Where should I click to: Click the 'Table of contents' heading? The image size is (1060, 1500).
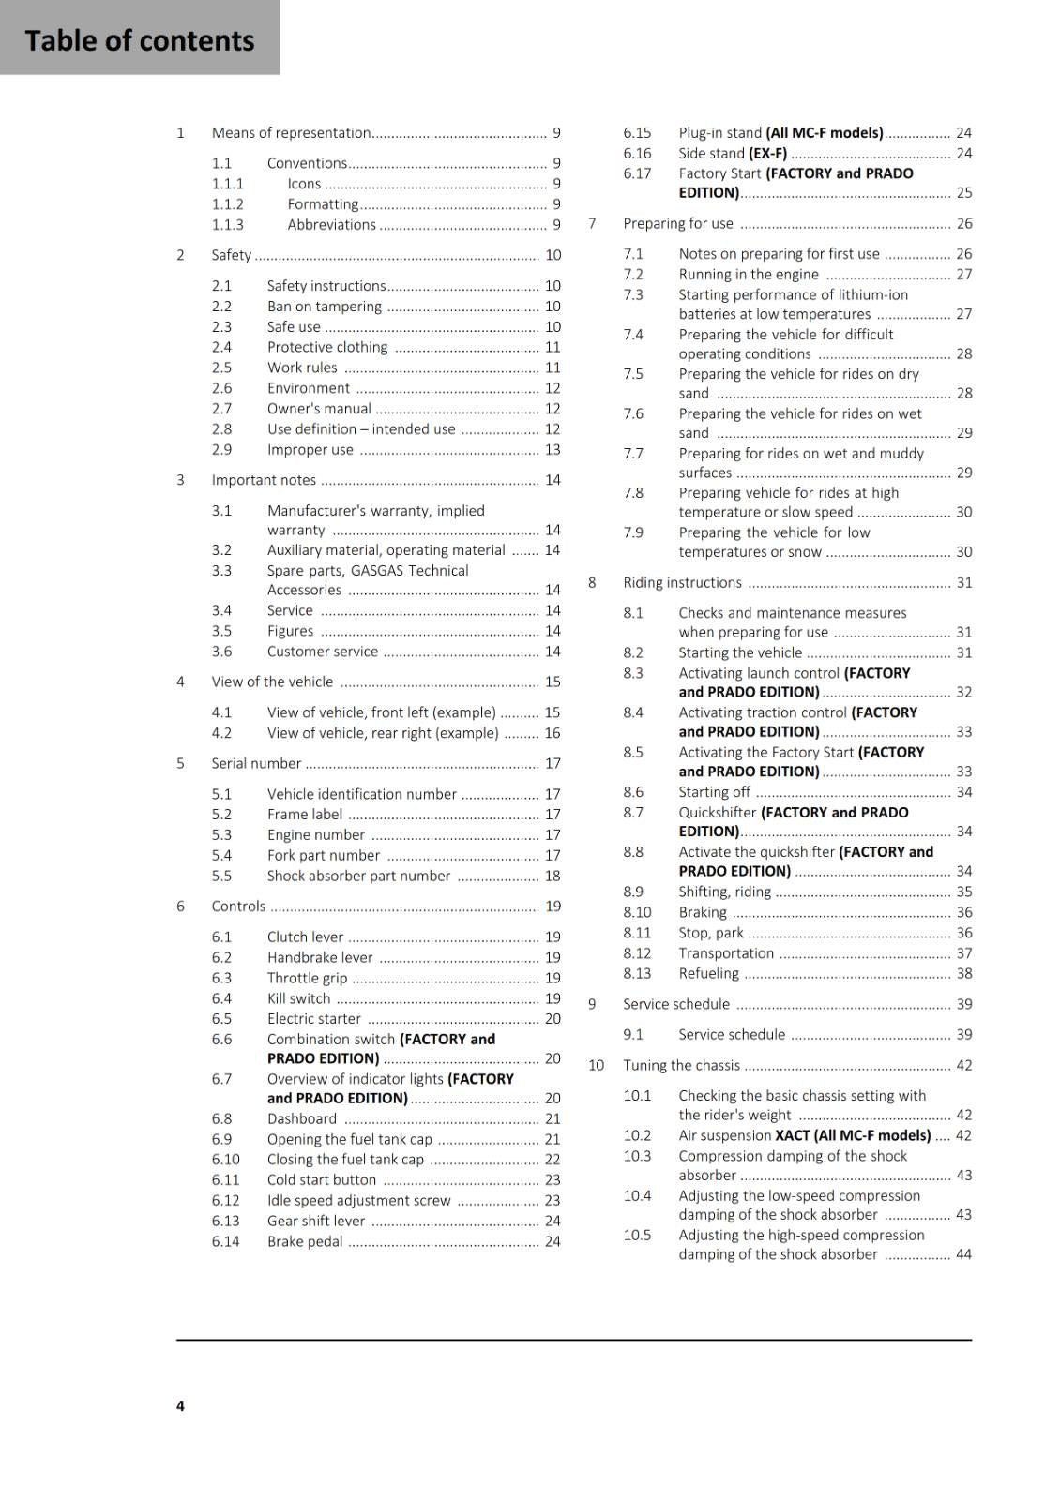[140, 40]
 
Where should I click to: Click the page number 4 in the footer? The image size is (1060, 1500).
[180, 1405]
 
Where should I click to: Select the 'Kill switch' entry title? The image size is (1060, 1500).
[298, 998]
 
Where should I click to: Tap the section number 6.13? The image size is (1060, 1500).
[225, 1221]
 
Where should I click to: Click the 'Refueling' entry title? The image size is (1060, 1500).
[708, 973]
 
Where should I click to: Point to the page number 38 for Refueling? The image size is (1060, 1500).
[963, 973]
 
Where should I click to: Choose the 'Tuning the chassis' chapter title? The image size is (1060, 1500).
[681, 1065]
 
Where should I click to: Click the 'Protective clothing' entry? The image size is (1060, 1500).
[326, 347]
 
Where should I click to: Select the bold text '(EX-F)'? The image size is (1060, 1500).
[767, 153]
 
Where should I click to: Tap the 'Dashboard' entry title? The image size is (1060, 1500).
[301, 1118]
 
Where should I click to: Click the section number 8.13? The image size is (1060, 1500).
[637, 973]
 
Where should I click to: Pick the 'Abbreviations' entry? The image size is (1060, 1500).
[331, 225]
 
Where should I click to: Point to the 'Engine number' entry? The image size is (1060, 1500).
[315, 834]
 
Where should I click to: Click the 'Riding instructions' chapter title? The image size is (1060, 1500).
[682, 582]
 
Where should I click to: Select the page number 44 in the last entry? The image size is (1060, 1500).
[963, 1254]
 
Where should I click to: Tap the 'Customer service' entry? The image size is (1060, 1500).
[322, 652]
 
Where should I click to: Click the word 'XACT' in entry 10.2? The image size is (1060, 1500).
[793, 1135]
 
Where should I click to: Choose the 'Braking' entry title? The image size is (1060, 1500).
[703, 912]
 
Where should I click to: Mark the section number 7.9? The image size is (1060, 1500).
[633, 532]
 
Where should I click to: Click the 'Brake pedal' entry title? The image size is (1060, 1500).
[305, 1241]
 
